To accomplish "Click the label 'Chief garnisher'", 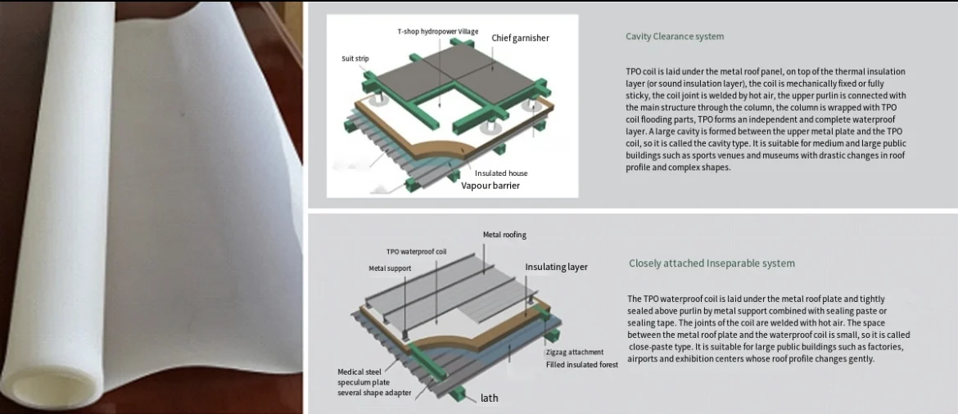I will coord(520,38).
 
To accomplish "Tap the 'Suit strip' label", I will coord(355,59).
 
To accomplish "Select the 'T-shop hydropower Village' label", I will coord(437,32).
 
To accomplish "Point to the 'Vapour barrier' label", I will coord(490,186).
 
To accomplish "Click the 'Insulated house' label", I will coord(501,173).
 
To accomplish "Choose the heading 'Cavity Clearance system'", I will coord(675,36).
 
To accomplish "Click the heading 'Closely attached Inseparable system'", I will coord(712,263).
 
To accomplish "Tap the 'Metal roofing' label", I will coord(504,235).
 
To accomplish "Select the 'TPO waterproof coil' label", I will coord(416,252).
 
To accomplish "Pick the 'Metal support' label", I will coord(390,268).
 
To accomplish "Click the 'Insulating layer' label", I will coord(556,267).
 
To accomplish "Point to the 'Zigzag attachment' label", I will coord(575,353).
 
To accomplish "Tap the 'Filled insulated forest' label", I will coord(582,364).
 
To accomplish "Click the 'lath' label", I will coord(489,398).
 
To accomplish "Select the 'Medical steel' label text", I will coord(361,372).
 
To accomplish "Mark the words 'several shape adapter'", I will coord(374,393).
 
